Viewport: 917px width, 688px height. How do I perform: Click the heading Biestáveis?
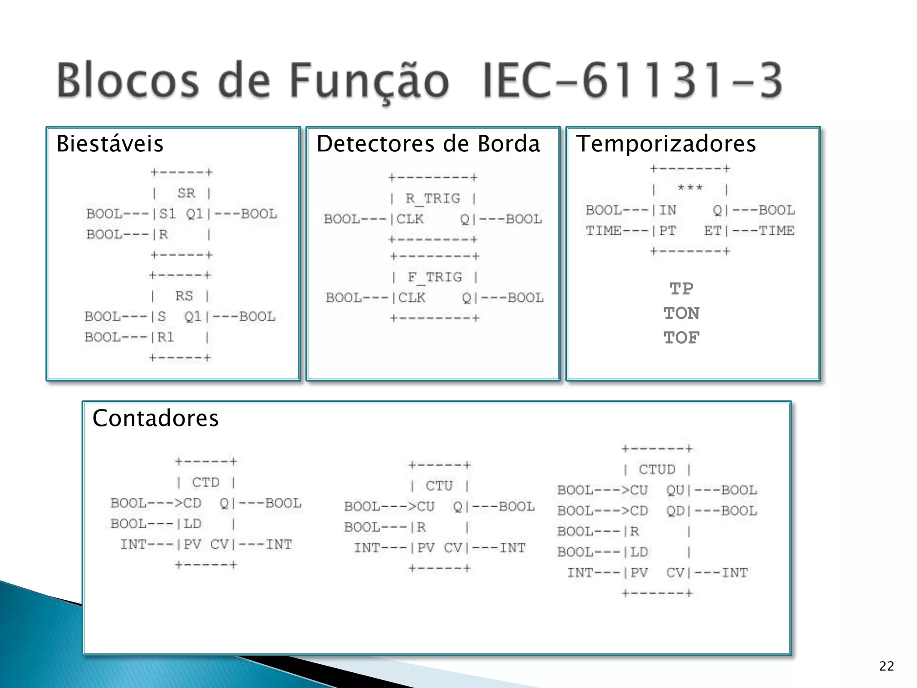tap(110, 144)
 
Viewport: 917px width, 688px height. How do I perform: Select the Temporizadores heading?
tap(666, 144)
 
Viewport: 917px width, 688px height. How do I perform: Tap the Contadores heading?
tap(155, 418)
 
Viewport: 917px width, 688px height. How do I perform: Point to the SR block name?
tap(186, 193)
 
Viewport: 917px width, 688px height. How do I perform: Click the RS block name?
tap(184, 296)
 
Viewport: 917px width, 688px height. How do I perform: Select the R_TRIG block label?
tap(433, 198)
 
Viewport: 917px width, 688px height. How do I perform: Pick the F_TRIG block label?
tap(434, 277)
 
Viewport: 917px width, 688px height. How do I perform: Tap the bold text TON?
tap(681, 313)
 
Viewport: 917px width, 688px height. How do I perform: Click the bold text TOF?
tap(681, 338)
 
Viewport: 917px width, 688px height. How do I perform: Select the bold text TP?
tap(681, 289)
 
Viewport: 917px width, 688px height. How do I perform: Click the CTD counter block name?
tap(206, 482)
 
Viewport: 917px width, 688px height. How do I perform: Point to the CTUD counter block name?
tap(657, 469)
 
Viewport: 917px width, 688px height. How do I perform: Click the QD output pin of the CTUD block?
tap(675, 511)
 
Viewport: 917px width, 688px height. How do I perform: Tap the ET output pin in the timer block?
tap(712, 231)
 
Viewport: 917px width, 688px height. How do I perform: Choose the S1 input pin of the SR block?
tap(167, 214)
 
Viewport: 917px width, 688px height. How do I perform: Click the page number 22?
tap(886, 666)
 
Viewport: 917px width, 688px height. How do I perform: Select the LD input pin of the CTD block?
tap(193, 524)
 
